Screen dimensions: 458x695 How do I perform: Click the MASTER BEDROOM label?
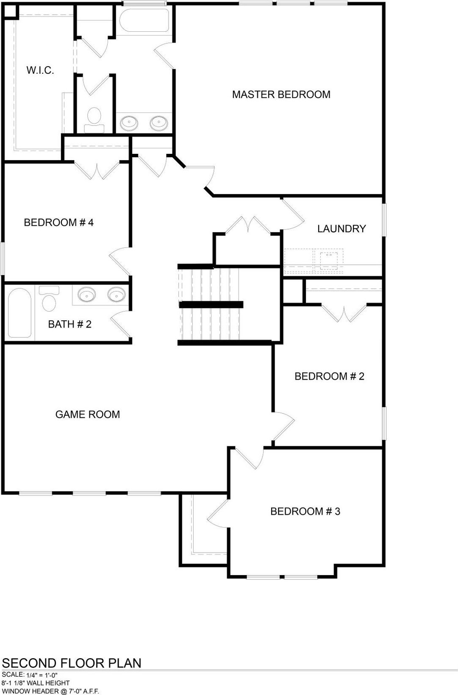click(281, 95)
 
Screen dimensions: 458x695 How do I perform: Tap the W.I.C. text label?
click(40, 70)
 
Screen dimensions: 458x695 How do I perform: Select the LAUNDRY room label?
click(341, 229)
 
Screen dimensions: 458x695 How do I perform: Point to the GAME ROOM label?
click(88, 414)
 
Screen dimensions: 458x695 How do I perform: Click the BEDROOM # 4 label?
click(58, 222)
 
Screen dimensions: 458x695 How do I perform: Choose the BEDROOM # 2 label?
click(329, 376)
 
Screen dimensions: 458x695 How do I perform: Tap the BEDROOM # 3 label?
click(305, 512)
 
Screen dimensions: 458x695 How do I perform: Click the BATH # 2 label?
click(70, 324)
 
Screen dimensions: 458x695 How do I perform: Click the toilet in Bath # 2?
click(49, 298)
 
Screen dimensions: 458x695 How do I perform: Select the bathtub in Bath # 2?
click(19, 313)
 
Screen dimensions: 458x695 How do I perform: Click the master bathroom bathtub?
click(144, 20)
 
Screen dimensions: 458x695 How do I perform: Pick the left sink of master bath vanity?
click(129, 123)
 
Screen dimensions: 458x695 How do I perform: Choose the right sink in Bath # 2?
click(117, 294)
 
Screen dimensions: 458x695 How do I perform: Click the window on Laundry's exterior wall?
click(384, 220)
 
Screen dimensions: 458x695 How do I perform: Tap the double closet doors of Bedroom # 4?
click(97, 170)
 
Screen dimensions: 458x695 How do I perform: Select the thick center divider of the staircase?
click(211, 305)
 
